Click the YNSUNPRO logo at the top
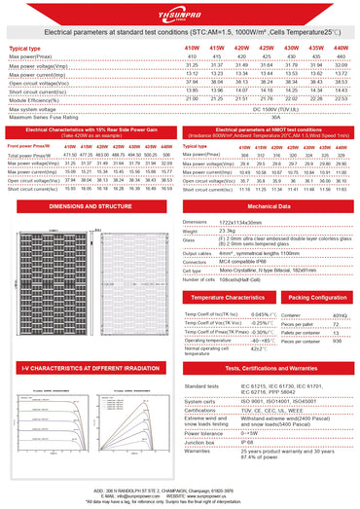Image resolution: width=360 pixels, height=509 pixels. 180,14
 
